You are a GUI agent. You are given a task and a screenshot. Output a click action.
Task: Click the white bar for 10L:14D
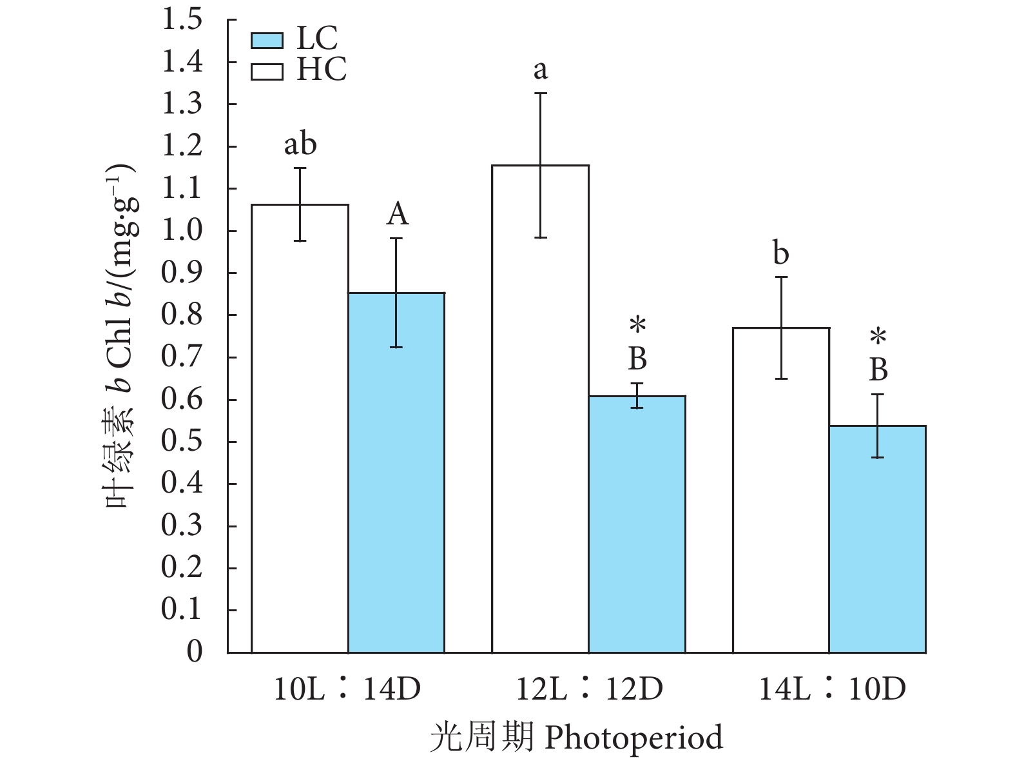[x=300, y=428]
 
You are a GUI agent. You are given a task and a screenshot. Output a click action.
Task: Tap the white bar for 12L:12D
[x=540, y=409]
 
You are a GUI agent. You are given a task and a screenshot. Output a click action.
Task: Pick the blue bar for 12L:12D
[x=637, y=524]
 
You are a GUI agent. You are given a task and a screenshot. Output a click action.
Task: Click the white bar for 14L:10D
[x=781, y=490]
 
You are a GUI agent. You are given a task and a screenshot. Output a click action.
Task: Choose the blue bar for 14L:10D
[x=877, y=539]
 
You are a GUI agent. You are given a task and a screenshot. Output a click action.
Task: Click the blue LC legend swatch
[x=267, y=40]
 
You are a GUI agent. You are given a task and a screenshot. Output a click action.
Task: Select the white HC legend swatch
[x=267, y=70]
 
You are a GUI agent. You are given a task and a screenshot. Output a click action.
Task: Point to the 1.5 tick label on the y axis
[x=182, y=20]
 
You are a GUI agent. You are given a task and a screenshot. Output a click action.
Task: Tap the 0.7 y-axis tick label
[x=182, y=357]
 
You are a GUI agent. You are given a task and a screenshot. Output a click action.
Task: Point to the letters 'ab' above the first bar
[x=300, y=144]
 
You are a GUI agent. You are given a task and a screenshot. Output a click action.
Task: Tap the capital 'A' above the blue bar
[x=397, y=214]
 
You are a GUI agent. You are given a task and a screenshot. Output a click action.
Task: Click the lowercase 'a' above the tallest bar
[x=540, y=70]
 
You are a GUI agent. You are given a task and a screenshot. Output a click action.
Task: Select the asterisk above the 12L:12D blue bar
[x=637, y=325]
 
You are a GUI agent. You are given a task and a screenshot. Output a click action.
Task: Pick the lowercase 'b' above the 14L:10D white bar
[x=780, y=253]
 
